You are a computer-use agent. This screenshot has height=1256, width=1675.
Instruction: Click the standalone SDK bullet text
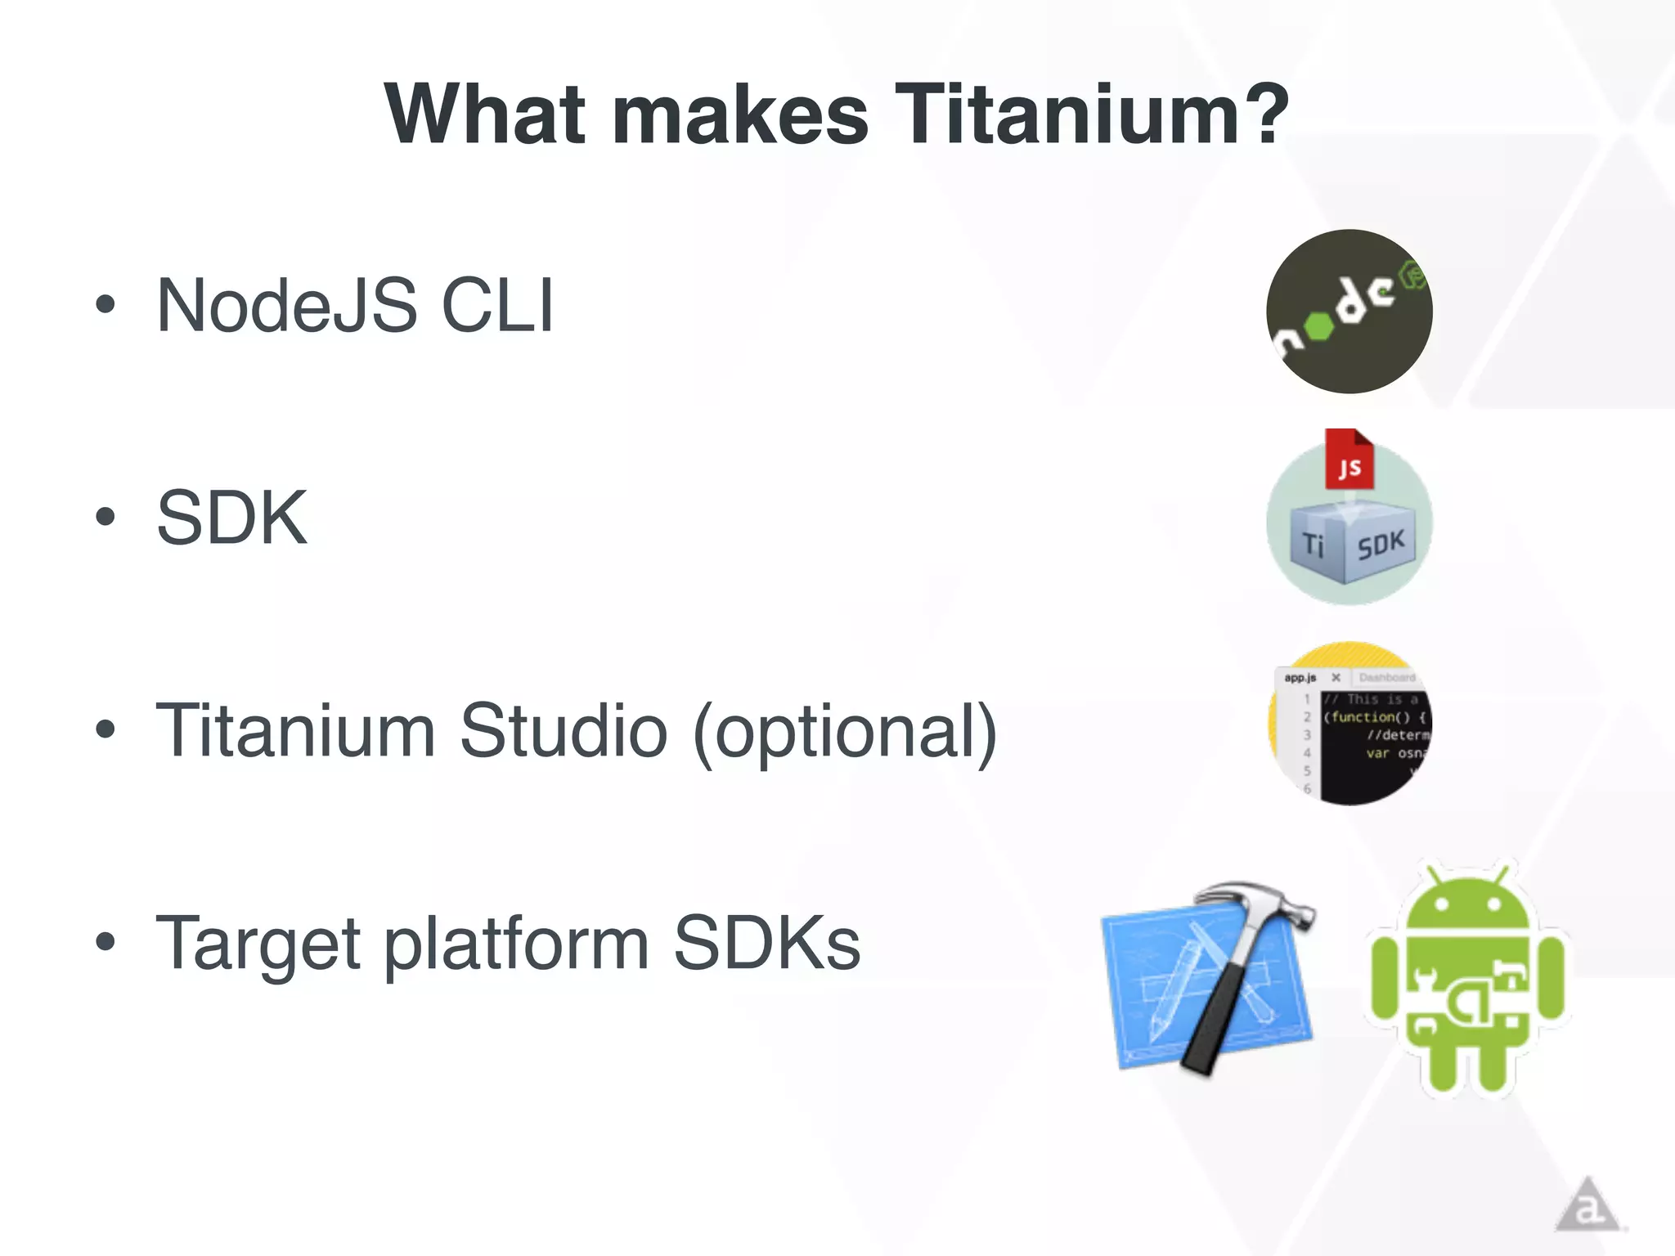pyautogui.click(x=231, y=518)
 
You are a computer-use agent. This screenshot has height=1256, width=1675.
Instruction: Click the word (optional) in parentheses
pyautogui.click(x=845, y=732)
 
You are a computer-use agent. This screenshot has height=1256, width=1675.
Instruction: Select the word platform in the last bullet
pyautogui.click(x=517, y=944)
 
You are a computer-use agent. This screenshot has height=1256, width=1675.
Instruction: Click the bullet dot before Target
pyautogui.click(x=105, y=942)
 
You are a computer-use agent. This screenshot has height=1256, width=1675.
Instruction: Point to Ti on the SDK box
pyautogui.click(x=1313, y=544)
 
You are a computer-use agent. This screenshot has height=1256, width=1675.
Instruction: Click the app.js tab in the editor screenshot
pyautogui.click(x=1300, y=678)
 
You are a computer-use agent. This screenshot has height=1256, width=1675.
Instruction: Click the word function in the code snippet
pyautogui.click(x=1370, y=717)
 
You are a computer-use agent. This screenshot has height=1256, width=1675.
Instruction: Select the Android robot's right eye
pyautogui.click(x=1493, y=905)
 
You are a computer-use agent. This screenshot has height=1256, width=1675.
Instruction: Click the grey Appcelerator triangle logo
pyautogui.click(x=1587, y=1206)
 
